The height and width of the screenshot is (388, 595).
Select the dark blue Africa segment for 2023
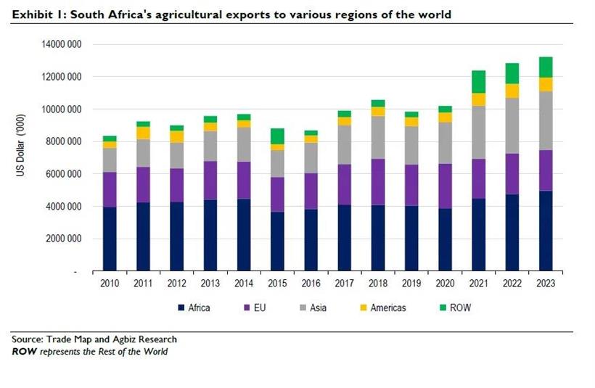coord(545,231)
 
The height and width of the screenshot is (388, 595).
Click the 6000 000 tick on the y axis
coord(63,174)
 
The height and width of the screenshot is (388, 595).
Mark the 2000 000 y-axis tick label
coord(63,239)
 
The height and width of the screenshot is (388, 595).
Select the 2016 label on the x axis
coord(310,284)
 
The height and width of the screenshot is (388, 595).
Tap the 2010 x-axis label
coord(110,284)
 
